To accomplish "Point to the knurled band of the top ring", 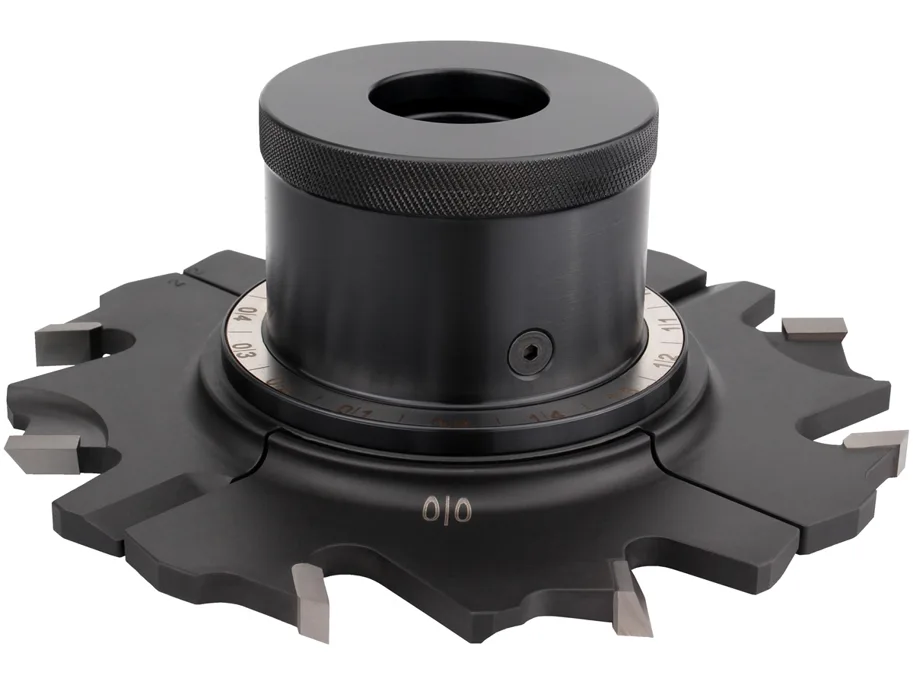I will coord(460,179).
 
